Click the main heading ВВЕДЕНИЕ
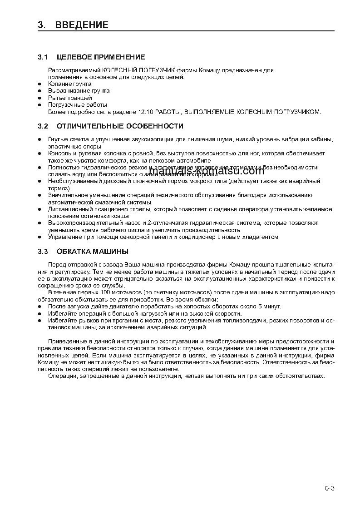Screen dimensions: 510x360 [x=82, y=25]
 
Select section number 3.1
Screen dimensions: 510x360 [x=43, y=57]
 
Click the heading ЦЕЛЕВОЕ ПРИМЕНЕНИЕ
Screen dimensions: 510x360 [x=101, y=57]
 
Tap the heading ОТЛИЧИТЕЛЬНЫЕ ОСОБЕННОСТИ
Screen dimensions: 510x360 [x=120, y=126]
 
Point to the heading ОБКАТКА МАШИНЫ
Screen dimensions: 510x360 [x=92, y=251]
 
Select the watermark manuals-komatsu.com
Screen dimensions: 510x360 [x=207, y=171]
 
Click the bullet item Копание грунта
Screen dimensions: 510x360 [x=70, y=84]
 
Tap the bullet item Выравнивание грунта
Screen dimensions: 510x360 [x=79, y=91]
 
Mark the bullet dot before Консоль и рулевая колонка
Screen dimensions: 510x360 [x=39, y=154]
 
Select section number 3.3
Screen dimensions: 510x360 [x=43, y=251]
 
